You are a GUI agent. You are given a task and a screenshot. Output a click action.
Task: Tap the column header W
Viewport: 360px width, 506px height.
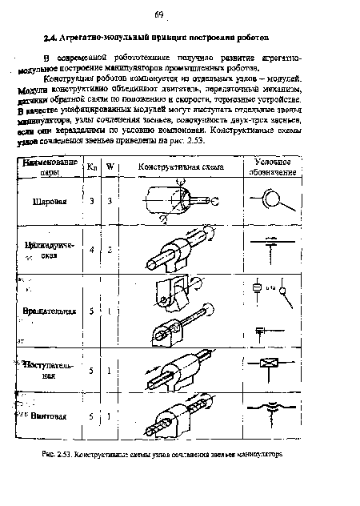(x=110, y=167)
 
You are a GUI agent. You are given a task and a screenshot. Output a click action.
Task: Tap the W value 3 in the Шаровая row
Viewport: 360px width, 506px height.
(x=110, y=201)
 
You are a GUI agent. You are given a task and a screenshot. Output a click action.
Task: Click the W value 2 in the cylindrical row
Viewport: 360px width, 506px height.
(x=110, y=250)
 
